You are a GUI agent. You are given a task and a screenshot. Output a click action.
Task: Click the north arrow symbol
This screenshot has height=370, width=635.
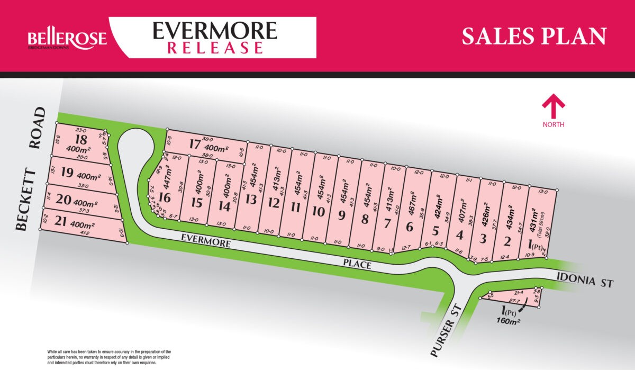(x=553, y=106)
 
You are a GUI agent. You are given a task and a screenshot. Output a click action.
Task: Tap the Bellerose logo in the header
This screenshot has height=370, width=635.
(x=67, y=39)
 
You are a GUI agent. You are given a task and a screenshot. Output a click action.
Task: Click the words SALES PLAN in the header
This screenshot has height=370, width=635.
(x=533, y=36)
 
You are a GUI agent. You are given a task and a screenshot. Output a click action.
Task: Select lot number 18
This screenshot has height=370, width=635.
(x=81, y=140)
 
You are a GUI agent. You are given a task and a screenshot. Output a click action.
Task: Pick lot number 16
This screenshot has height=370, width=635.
(x=165, y=198)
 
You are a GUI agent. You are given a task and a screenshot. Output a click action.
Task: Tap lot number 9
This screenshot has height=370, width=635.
(x=341, y=215)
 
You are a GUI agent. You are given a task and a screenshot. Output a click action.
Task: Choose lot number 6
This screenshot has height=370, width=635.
(x=409, y=227)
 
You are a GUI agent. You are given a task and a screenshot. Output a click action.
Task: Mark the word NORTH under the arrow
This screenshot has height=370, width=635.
(x=553, y=124)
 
